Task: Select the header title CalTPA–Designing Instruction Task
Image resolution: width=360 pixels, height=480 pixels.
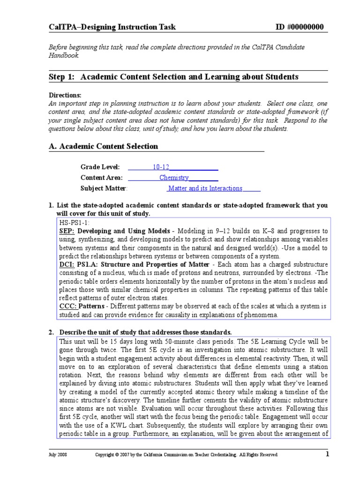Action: [112, 27]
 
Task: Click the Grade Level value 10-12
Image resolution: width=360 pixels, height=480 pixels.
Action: [161, 167]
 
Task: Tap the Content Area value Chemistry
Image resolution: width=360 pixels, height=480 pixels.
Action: [174, 178]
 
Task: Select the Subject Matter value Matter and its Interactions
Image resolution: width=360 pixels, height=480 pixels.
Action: [205, 188]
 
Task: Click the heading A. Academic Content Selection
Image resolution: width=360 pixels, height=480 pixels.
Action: [103, 146]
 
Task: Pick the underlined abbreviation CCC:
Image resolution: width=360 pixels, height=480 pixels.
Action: [67, 307]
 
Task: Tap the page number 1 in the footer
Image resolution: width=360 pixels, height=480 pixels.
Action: [328, 454]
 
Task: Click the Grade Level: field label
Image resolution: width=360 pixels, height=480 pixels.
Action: [100, 167]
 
